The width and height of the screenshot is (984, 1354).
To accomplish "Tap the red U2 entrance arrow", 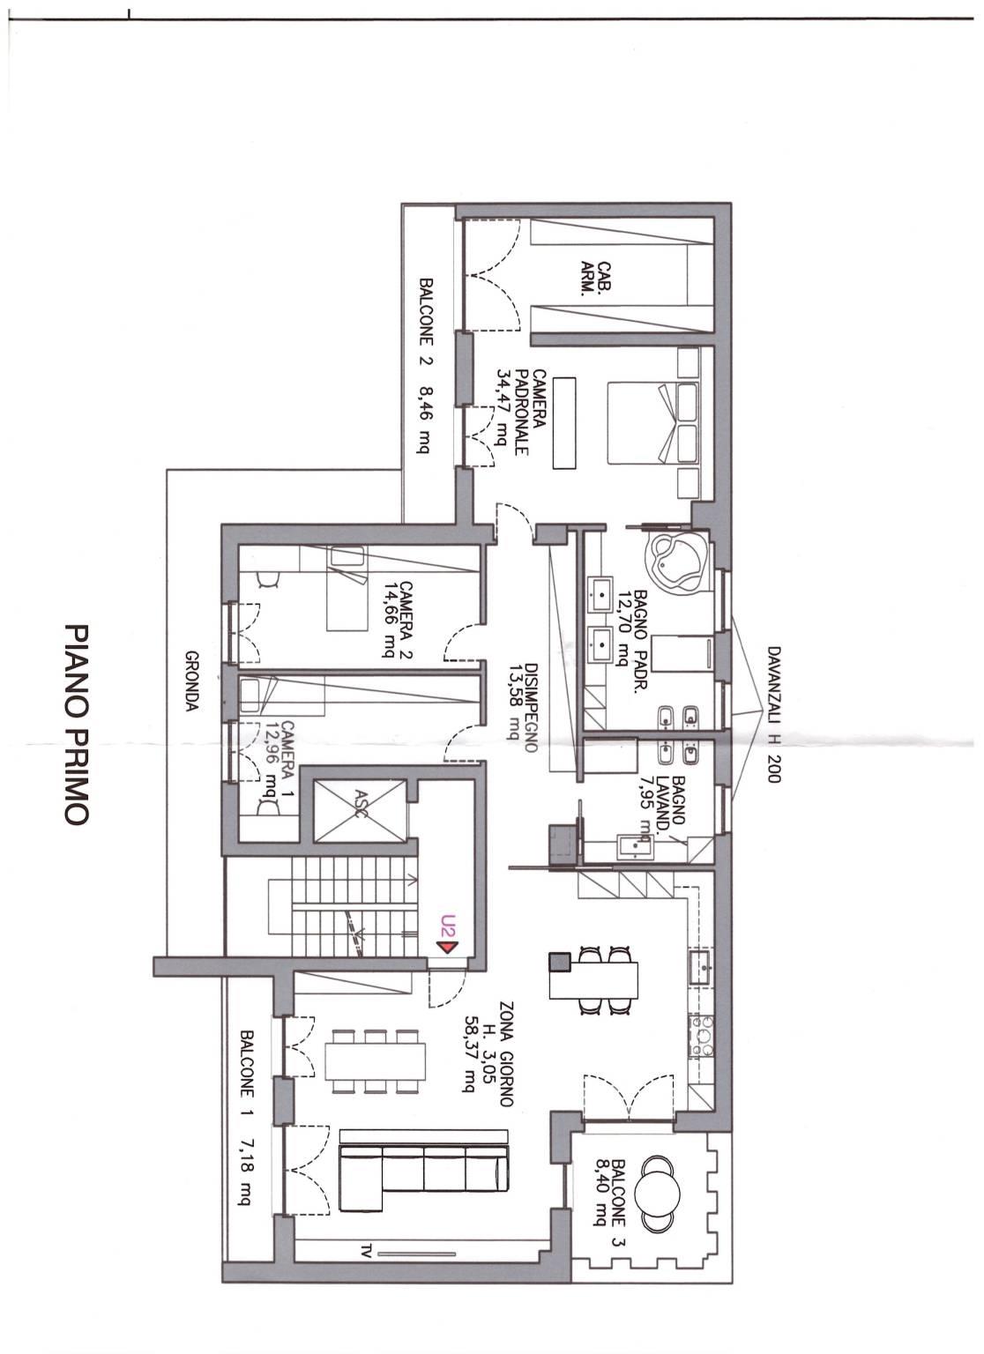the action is pyautogui.click(x=448, y=944).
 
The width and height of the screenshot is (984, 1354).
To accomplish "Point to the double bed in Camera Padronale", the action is pyautogui.click(x=652, y=422).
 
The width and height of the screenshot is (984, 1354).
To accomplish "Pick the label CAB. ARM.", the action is pyautogui.click(x=595, y=279).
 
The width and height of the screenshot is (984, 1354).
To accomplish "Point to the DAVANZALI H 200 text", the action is pyautogui.click(x=774, y=713).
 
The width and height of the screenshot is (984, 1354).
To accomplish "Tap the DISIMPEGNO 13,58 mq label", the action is pyautogui.click(x=522, y=707).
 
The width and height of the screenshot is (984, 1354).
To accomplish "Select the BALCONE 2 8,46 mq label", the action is pyautogui.click(x=427, y=366).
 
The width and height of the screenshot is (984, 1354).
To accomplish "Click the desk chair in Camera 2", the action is pyautogui.click(x=268, y=580).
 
